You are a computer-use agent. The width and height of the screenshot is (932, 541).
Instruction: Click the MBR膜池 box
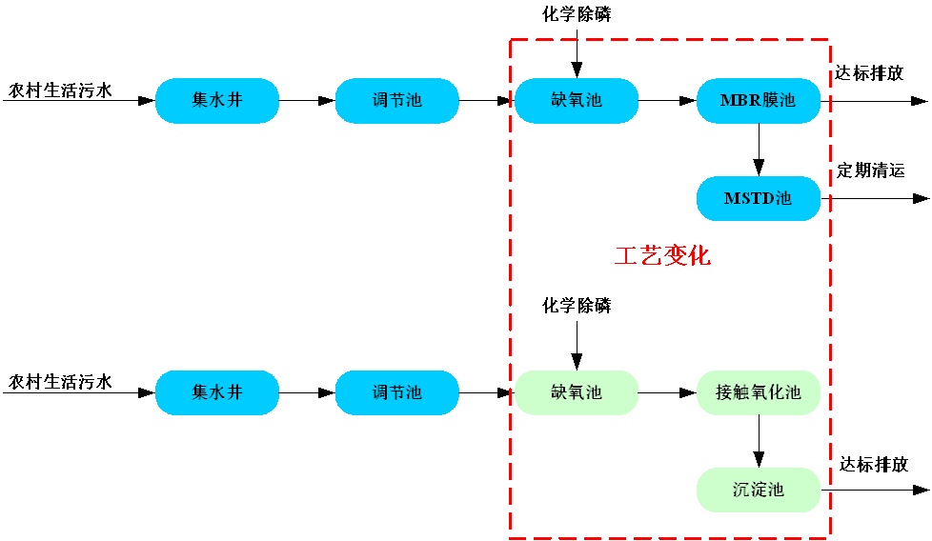pyautogui.click(x=759, y=100)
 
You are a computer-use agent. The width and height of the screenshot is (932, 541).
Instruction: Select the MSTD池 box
pyautogui.click(x=759, y=198)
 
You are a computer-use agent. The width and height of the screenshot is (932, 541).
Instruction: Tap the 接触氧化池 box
pyautogui.click(x=759, y=391)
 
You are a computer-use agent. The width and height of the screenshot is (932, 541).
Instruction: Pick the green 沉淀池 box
pyautogui.click(x=759, y=490)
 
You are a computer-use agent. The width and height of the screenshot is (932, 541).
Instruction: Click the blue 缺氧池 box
pyautogui.click(x=577, y=100)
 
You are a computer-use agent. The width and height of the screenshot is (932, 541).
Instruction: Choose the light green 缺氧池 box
pyautogui.click(x=577, y=391)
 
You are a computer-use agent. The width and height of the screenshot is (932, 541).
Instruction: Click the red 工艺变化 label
pyautogui.click(x=662, y=256)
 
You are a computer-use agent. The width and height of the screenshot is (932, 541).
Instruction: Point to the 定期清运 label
pyautogui.click(x=871, y=170)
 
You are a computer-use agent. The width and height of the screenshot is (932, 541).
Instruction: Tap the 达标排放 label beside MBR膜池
pyautogui.click(x=869, y=73)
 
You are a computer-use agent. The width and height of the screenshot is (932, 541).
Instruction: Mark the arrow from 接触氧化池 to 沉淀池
pyautogui.click(x=759, y=440)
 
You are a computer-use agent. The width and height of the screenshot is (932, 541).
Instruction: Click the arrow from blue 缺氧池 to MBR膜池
pyautogui.click(x=667, y=100)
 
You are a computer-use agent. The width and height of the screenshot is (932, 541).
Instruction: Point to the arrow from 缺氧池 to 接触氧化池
pyautogui.click(x=667, y=391)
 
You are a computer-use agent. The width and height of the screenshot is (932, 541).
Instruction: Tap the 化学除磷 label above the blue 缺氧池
pyautogui.click(x=577, y=14)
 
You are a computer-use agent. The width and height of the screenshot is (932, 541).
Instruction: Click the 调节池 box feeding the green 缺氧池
pyautogui.click(x=396, y=391)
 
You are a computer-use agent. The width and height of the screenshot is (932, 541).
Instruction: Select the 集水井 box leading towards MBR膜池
pyautogui.click(x=217, y=100)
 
